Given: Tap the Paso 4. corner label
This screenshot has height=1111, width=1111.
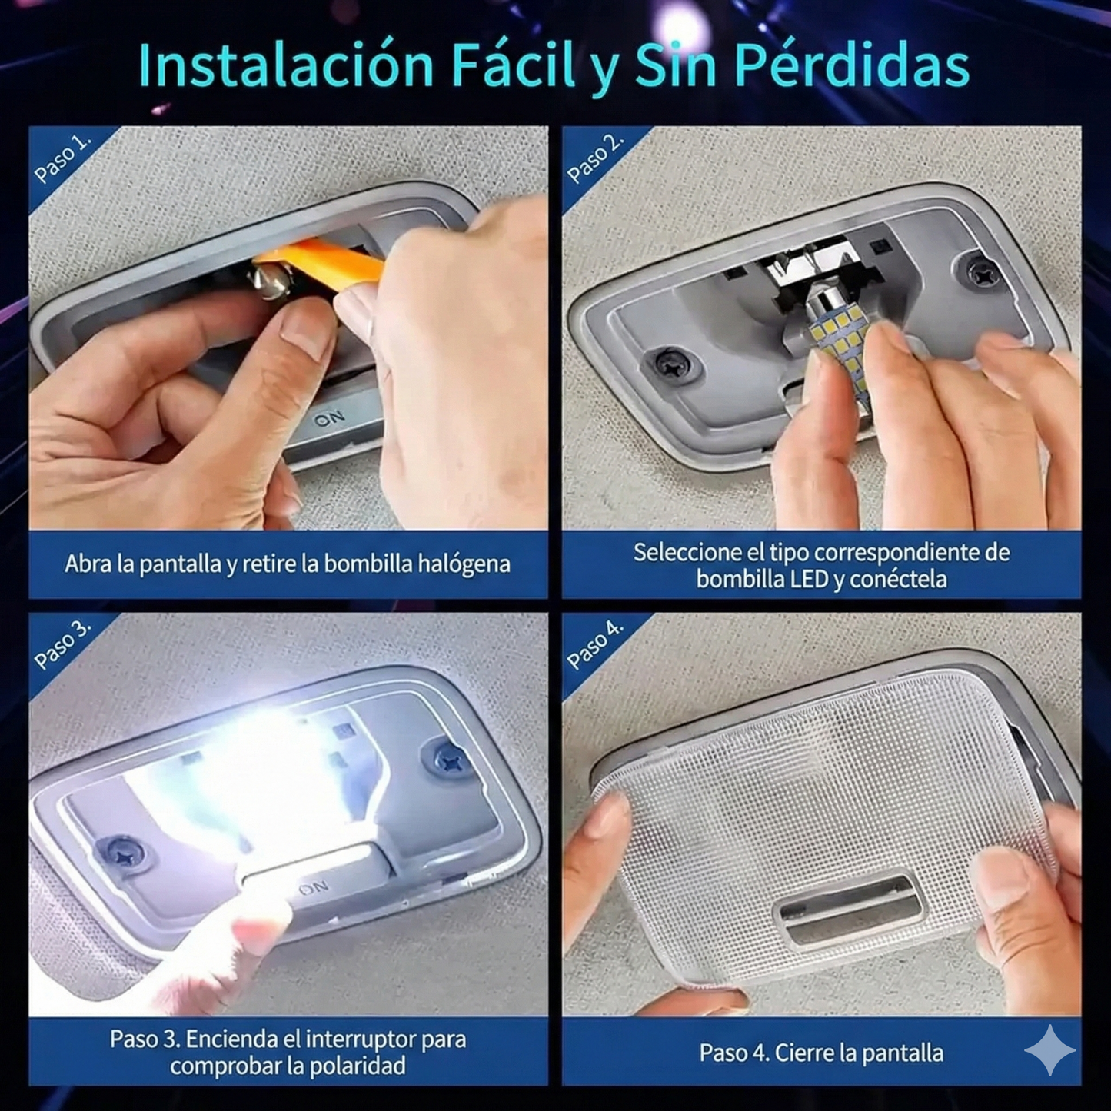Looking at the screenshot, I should point(595,644).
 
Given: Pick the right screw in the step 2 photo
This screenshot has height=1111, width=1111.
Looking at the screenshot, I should point(982,271).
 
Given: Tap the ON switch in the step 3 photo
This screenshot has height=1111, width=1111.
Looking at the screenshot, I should point(314,889).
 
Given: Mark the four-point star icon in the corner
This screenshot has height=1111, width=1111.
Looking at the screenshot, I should point(1050,1050).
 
